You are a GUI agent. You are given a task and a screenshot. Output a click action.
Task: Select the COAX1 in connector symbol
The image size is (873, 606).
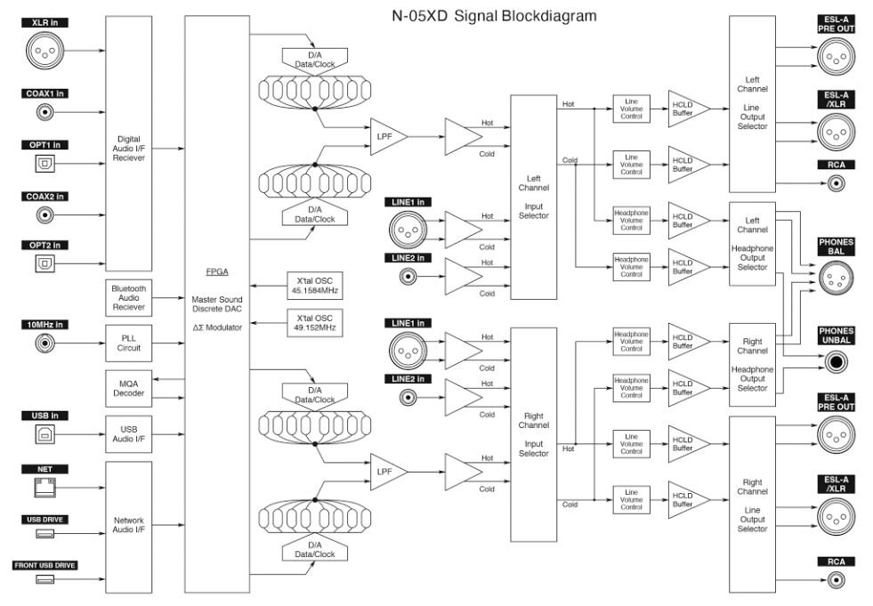tap(44, 112)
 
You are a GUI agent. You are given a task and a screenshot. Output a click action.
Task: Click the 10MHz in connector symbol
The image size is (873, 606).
tap(44, 341)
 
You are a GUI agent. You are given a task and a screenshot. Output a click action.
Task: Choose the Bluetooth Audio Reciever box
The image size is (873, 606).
tap(129, 297)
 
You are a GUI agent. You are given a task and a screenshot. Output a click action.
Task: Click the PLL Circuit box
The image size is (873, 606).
tap(129, 342)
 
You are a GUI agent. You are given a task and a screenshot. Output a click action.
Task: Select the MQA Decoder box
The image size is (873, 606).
tap(129, 386)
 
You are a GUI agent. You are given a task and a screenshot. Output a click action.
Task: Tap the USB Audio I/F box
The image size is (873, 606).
tap(129, 434)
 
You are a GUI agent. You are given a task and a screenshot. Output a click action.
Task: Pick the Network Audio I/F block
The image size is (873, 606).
tap(129, 527)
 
